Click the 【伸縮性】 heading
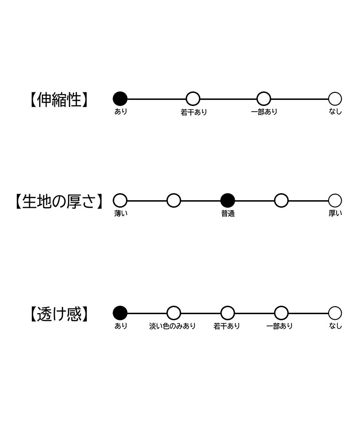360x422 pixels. [59, 99]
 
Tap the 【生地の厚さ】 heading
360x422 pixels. [59, 201]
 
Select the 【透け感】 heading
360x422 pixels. [59, 314]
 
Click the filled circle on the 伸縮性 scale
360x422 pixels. [120, 99]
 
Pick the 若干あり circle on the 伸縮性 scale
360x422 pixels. [193, 99]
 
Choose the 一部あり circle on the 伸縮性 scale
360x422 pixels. [264, 99]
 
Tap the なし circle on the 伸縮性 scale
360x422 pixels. [335, 99]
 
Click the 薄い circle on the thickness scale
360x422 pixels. [120, 201]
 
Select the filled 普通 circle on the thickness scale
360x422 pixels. [228, 201]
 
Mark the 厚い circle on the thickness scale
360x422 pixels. [335, 201]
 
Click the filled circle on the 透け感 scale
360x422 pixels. [120, 313]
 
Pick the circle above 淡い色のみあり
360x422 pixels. [174, 313]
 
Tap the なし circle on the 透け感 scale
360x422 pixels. [335, 313]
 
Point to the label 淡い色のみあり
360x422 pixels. [172, 326]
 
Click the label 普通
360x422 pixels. [228, 214]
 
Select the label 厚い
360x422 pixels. [335, 213]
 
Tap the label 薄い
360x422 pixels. [121, 213]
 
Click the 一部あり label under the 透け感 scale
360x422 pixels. [279, 326]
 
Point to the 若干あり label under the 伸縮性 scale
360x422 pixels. [194, 112]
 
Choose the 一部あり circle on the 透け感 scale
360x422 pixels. [281, 313]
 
